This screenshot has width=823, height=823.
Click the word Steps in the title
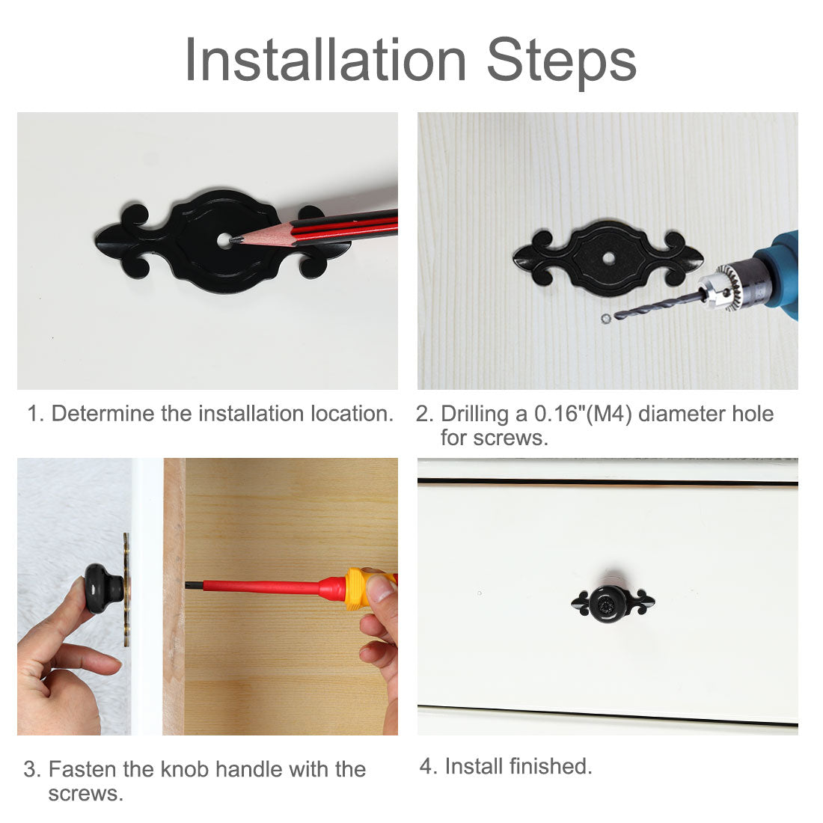561,62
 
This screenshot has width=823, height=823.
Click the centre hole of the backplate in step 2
608,258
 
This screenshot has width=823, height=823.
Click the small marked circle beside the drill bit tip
606,318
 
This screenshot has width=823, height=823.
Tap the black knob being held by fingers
103,589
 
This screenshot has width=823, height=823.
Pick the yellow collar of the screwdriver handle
356,588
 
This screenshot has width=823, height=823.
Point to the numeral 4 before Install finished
426,766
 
